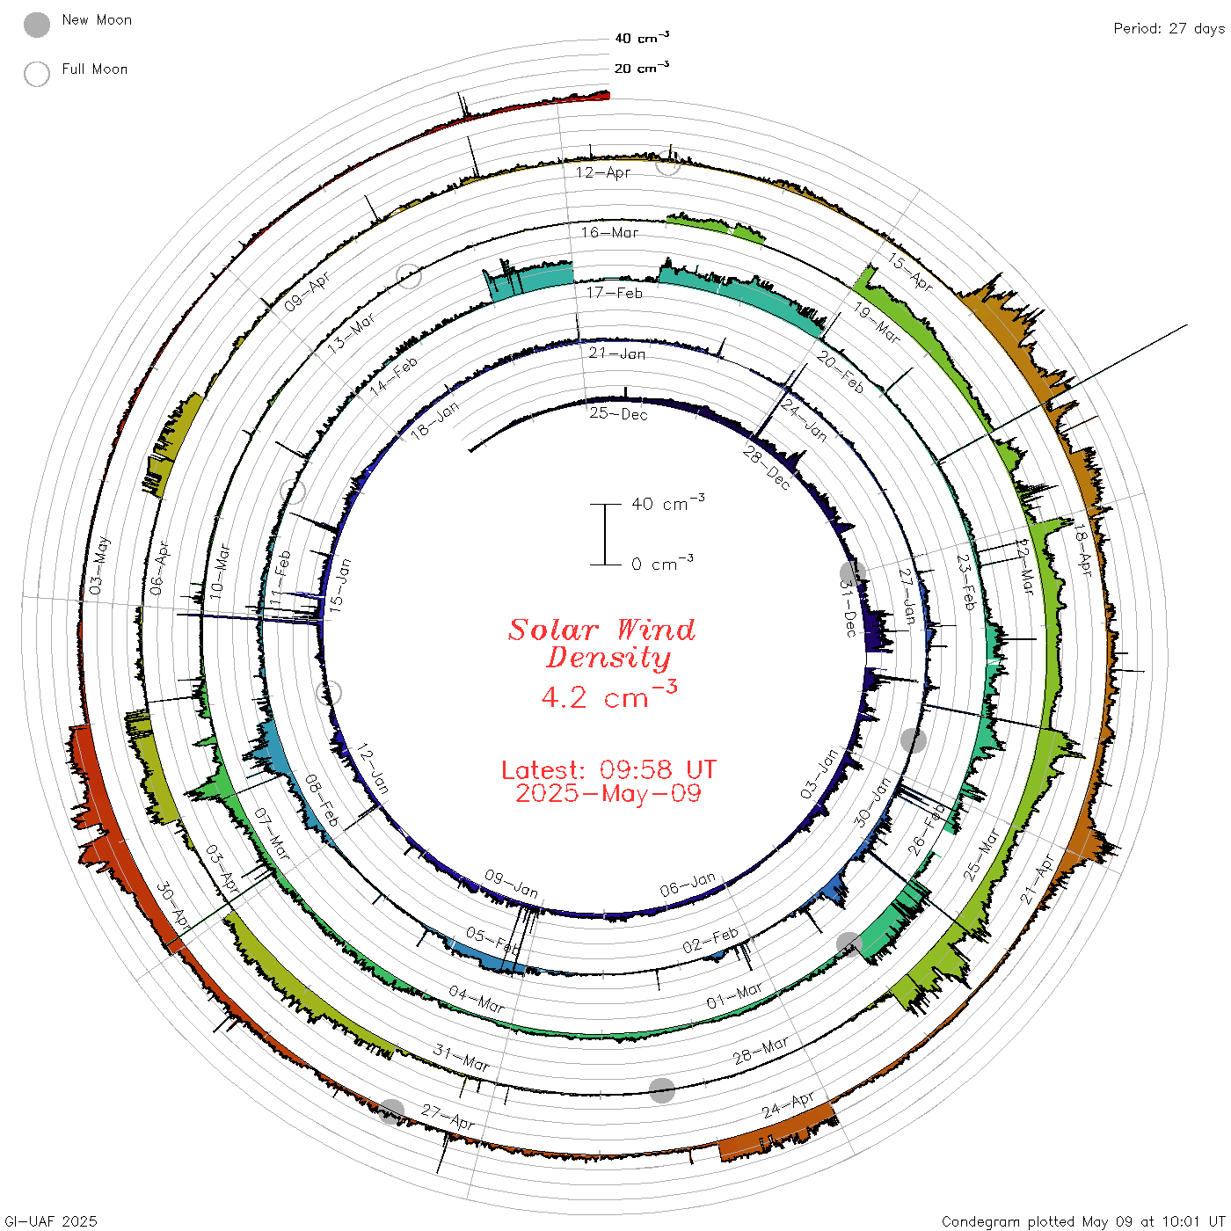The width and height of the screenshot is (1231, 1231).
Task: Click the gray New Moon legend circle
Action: [x=36, y=25]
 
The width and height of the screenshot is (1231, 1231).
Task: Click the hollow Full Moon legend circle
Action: [x=36, y=74]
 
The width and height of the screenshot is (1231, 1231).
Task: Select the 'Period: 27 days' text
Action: [x=1169, y=29]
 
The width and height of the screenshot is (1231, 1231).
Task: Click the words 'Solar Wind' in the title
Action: [x=601, y=630]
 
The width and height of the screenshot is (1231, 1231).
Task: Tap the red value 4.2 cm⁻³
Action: [x=608, y=696]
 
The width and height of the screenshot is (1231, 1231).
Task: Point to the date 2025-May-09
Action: [x=608, y=793]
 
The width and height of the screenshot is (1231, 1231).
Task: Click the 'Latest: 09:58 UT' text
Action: [x=608, y=769]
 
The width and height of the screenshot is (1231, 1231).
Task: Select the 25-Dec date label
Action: [x=618, y=413]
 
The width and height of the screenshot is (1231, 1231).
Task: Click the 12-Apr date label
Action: [x=602, y=172]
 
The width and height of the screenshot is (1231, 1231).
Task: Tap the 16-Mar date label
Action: [x=609, y=232]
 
